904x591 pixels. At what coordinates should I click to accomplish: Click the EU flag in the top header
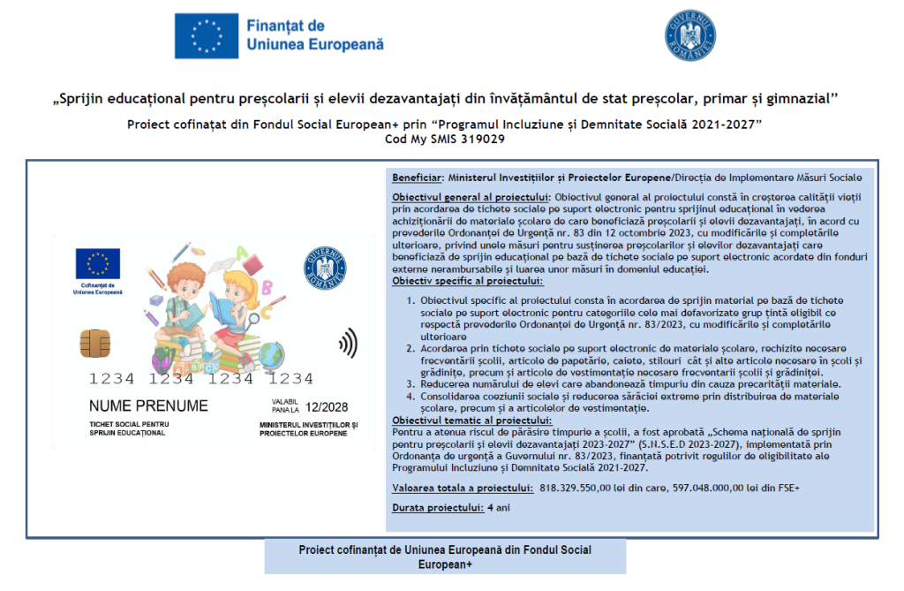[204, 36]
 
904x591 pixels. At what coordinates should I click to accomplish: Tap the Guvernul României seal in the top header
[689, 35]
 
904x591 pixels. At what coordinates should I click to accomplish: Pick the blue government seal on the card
[325, 266]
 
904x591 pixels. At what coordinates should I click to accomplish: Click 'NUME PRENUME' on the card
[148, 406]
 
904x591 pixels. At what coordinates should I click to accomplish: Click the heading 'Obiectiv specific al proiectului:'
[468, 281]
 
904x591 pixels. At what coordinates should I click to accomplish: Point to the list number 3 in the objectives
[411, 384]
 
